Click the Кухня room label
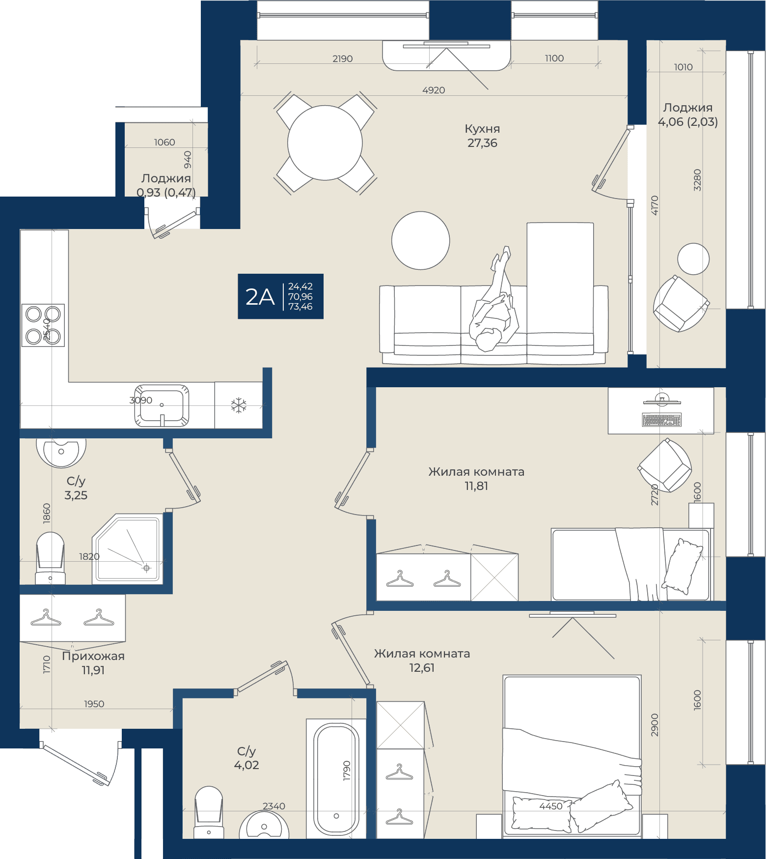click(x=482, y=129)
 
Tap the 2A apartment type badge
click(x=280, y=296)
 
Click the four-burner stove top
click(x=43, y=325)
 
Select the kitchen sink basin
click(x=162, y=405)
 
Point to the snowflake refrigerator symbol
click(x=239, y=405)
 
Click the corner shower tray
click(x=128, y=549)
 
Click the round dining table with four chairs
click(x=325, y=143)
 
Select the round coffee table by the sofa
click(x=421, y=240)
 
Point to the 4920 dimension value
click(x=434, y=90)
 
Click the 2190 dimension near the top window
click(x=343, y=59)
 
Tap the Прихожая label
click(x=93, y=656)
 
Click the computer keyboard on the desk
click(x=661, y=420)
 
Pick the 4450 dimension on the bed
click(x=551, y=806)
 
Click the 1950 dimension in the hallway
click(x=94, y=704)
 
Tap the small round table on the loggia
click(x=693, y=259)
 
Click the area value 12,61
click(x=422, y=668)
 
